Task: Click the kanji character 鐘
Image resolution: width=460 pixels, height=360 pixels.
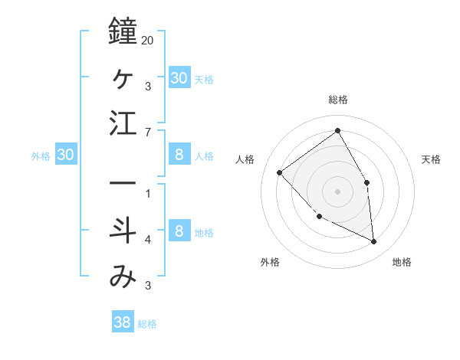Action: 123,31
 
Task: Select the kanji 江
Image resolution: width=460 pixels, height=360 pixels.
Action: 123,123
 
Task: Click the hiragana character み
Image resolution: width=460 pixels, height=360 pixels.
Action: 123,277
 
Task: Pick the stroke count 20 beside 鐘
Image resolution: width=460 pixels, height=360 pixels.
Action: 148,40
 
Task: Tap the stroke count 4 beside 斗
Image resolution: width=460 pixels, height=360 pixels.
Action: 148,241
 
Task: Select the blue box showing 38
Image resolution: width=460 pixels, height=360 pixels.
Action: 122,322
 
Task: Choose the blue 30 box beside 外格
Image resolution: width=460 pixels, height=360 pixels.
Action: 65,155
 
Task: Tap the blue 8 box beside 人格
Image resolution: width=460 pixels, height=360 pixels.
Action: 179,155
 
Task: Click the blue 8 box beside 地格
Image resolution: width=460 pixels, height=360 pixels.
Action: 179,231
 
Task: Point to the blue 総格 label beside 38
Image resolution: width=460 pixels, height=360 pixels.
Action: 147,324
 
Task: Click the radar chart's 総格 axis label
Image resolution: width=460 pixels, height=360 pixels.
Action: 337,100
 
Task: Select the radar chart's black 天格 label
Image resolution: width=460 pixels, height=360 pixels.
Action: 431,159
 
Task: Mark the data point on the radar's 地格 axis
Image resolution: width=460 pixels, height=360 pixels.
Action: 374,241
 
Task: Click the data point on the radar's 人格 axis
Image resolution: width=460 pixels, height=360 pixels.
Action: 280,172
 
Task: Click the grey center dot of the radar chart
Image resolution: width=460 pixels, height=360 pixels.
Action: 337,191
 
